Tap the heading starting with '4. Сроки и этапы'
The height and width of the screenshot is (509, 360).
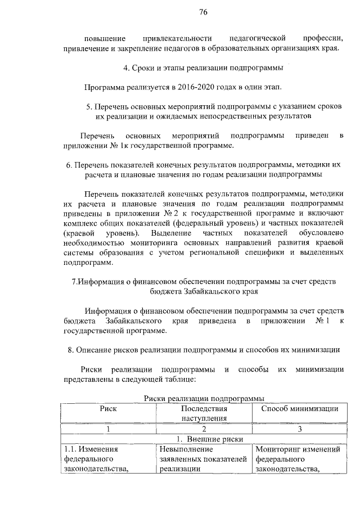click(x=203, y=69)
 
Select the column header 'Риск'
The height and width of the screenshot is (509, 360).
click(x=108, y=408)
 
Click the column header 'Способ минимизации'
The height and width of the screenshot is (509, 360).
click(x=299, y=408)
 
